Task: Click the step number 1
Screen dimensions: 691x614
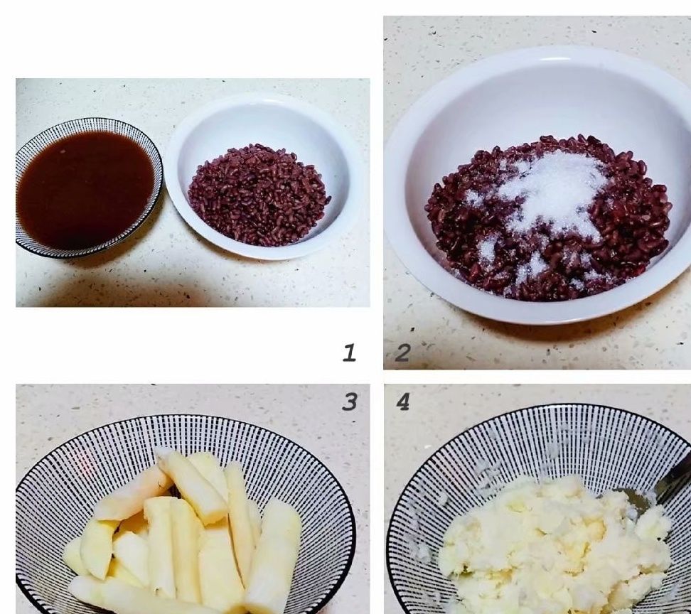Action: point(349,353)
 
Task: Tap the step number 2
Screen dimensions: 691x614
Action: point(403,353)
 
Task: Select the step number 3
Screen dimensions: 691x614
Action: point(350,402)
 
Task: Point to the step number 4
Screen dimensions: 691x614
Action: point(403,402)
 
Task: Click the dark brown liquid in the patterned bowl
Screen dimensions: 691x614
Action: point(85,190)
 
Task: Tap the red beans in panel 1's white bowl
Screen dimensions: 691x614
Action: point(259,195)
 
